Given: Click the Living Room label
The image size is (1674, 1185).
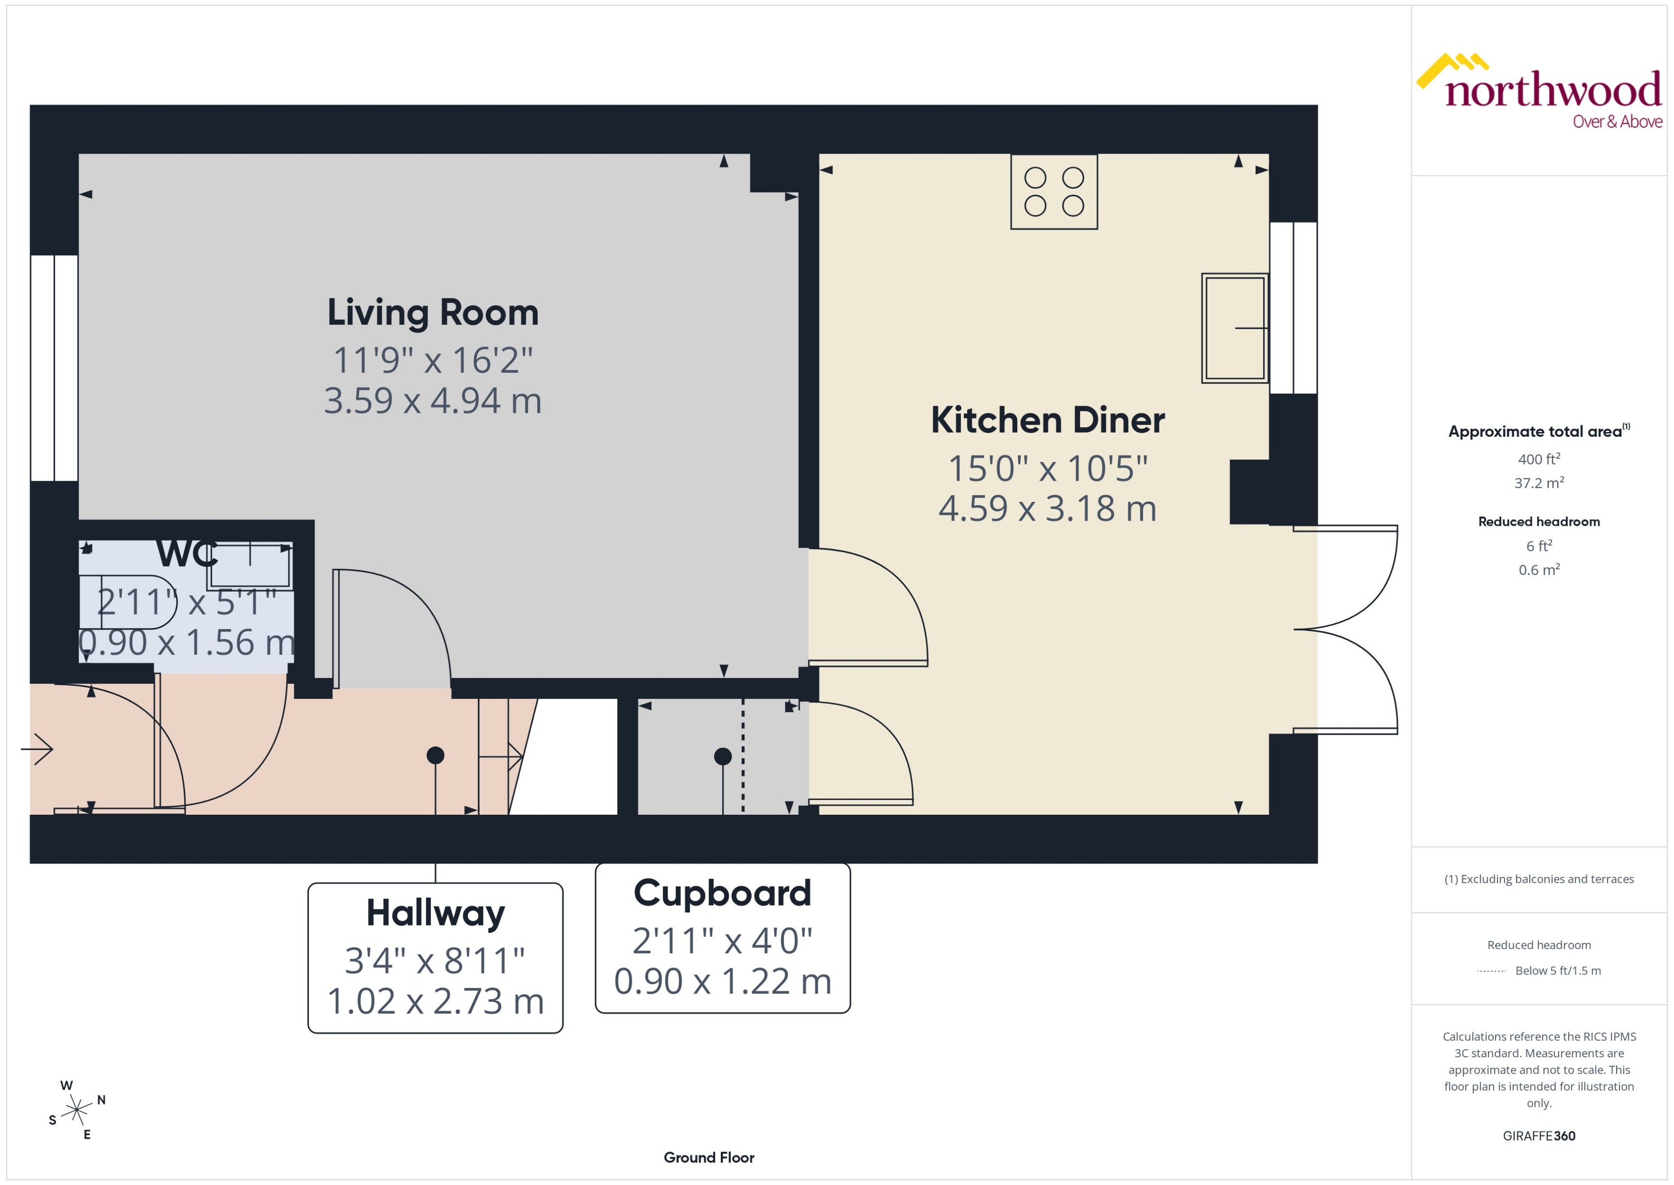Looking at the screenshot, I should point(432,312).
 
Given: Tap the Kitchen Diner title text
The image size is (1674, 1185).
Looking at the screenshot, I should point(1047,421).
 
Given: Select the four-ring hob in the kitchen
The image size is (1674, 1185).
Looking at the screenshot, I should point(1053,191).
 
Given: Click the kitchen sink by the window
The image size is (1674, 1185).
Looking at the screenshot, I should point(1234,328).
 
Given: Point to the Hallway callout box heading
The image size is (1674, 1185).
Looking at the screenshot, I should point(435,913).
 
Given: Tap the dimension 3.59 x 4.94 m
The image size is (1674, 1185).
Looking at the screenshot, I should point(432,400).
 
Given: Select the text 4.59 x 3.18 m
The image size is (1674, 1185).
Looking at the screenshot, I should point(1047,509).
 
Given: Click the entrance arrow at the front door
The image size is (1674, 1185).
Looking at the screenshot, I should point(38,749).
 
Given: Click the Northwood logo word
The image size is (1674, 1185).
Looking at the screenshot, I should point(1553,91).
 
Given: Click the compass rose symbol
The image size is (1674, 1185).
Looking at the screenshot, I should point(76,1110).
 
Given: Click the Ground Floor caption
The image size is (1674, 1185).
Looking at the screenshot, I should point(708,1157).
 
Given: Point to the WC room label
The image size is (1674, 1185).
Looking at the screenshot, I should point(187,554).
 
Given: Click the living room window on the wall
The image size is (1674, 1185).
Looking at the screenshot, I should point(54,368).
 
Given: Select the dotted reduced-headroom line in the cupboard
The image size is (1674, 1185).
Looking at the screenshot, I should point(743,755).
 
